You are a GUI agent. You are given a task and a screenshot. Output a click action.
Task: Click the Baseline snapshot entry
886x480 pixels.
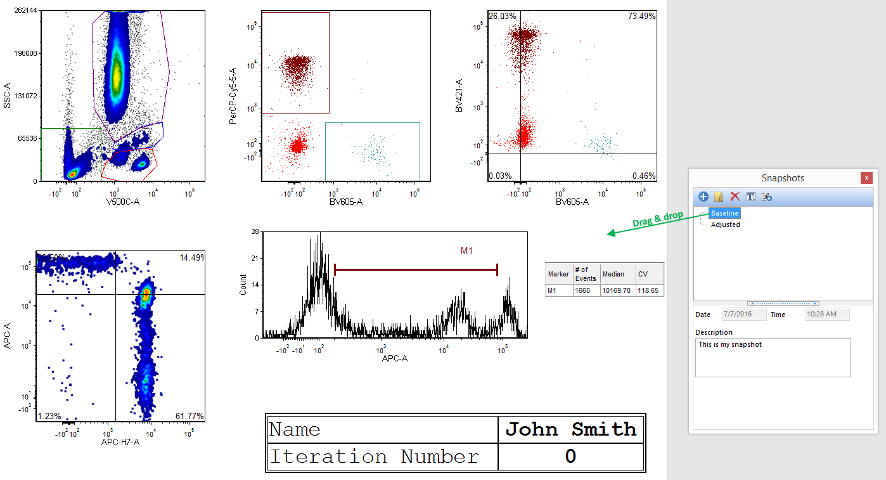click(724, 213)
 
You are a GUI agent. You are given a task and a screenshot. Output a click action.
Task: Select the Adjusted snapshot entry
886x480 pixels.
click(725, 224)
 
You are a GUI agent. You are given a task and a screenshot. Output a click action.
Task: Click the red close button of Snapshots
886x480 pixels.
click(866, 178)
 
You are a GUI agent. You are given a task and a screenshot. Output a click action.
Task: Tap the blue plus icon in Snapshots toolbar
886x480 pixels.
click(703, 197)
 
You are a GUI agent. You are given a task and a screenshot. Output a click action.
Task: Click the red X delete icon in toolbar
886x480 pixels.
click(735, 197)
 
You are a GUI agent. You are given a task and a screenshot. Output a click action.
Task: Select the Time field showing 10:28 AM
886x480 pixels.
click(826, 315)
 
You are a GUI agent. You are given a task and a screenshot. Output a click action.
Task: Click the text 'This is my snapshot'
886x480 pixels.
click(730, 345)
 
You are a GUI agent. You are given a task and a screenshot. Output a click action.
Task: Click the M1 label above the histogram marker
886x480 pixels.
click(466, 251)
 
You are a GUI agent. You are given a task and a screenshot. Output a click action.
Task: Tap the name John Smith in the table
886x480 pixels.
click(570, 429)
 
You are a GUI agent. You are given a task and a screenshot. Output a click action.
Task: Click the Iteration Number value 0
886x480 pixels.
click(570, 457)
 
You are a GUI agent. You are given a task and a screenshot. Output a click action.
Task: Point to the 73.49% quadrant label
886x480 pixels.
click(641, 16)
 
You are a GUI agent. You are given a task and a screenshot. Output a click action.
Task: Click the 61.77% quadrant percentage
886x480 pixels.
click(189, 417)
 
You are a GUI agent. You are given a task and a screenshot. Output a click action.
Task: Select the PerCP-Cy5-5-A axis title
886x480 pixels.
click(233, 96)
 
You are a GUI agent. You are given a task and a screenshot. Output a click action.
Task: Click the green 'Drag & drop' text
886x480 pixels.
click(657, 219)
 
